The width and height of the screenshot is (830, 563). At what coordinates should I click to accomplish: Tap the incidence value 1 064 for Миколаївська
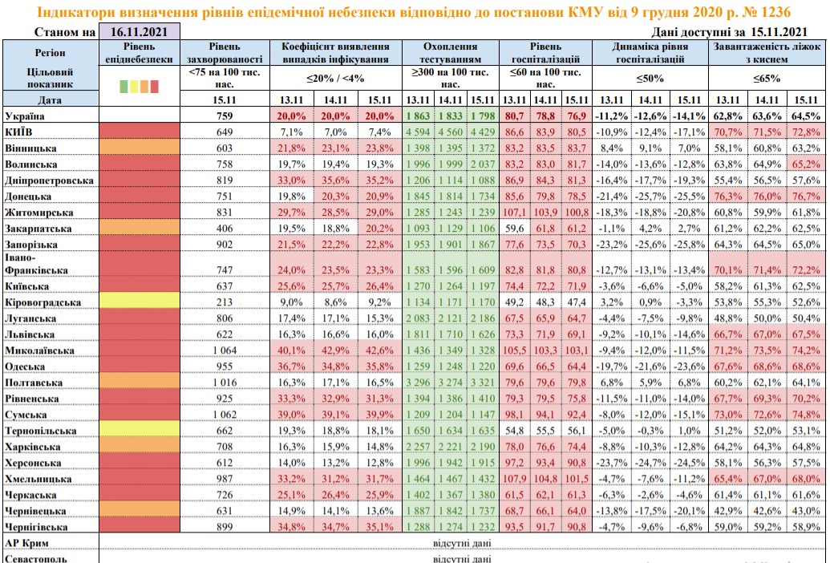coord(224,350)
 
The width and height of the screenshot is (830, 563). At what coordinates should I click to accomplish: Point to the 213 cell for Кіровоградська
coord(224,302)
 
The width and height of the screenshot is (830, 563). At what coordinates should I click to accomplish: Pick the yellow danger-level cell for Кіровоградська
coord(138,302)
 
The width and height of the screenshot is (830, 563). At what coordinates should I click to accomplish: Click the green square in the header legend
coord(123,85)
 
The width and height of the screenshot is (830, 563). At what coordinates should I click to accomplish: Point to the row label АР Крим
coord(26,543)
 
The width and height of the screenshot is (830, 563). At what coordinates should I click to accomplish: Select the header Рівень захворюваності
coord(224,53)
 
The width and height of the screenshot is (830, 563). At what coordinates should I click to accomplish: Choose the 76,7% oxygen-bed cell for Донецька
coord(803,195)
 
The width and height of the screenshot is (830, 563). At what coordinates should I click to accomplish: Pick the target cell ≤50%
coord(647,79)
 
